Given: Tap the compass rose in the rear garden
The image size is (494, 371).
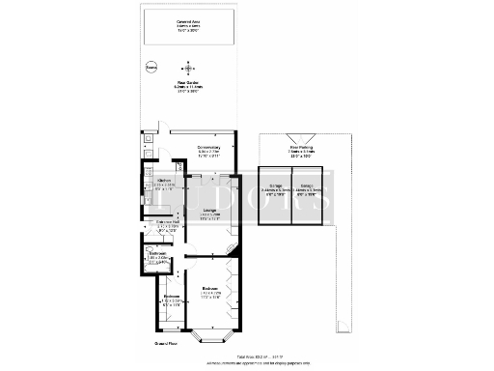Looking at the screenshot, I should click(x=188, y=69).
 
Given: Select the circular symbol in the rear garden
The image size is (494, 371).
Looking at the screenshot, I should click(x=150, y=68).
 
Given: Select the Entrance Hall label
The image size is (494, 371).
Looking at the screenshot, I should click(x=169, y=228).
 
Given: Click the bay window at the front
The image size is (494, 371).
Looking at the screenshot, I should click(x=210, y=337).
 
